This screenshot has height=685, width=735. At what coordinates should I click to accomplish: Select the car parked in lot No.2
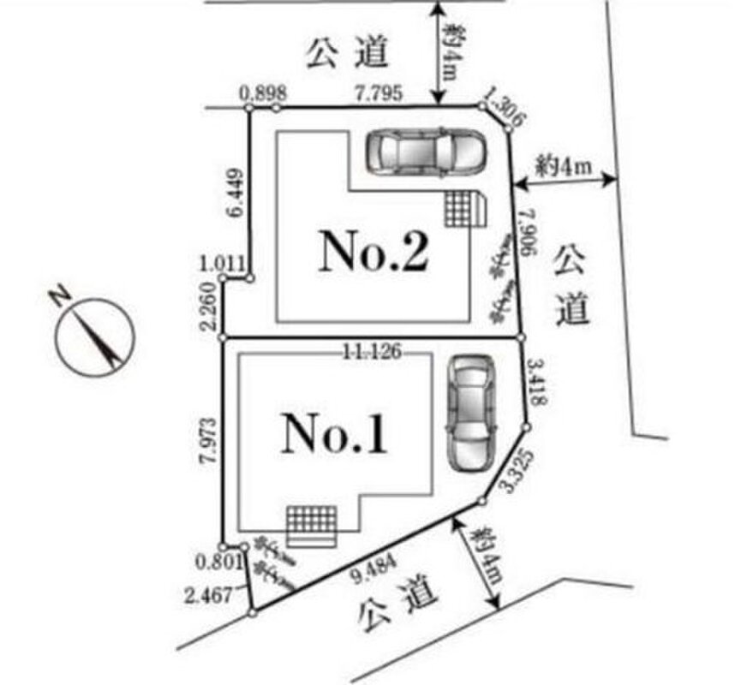[x=426, y=152]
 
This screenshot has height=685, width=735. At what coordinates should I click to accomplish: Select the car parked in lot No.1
[x=470, y=414]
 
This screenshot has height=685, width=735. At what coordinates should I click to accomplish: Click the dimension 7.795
[x=376, y=92]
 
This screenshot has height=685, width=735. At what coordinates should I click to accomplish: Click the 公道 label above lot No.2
[x=346, y=53]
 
